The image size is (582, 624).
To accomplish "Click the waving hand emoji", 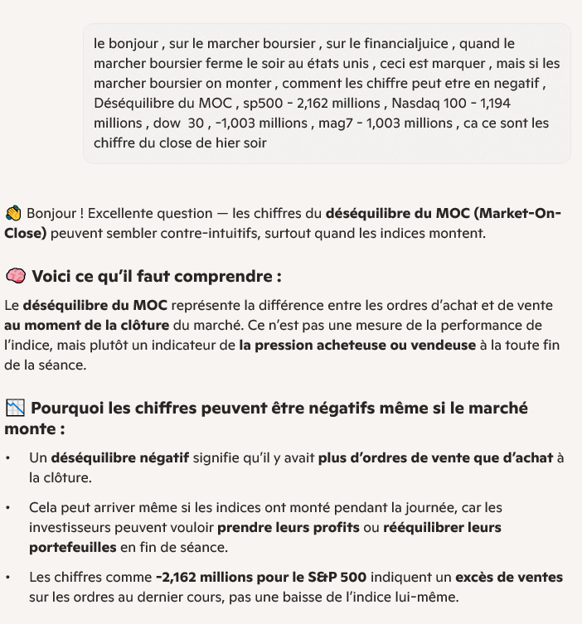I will tap(13, 214).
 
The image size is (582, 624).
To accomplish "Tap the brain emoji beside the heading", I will tap(15, 276).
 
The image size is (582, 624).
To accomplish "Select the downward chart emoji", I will tap(15, 408).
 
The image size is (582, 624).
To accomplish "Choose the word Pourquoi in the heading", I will tap(69, 408).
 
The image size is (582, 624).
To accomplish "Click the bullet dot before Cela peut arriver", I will tap(8, 507).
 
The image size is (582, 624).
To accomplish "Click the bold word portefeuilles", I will tap(73, 547).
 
